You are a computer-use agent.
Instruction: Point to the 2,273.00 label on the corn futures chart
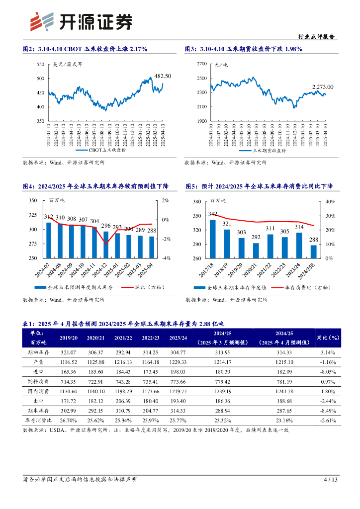323,87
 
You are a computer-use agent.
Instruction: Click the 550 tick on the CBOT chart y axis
41,65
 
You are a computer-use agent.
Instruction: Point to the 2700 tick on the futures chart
201,65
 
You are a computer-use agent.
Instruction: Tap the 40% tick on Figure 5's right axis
331,202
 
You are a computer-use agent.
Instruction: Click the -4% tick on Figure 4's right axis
166,258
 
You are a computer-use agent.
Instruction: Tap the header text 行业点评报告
316,37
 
